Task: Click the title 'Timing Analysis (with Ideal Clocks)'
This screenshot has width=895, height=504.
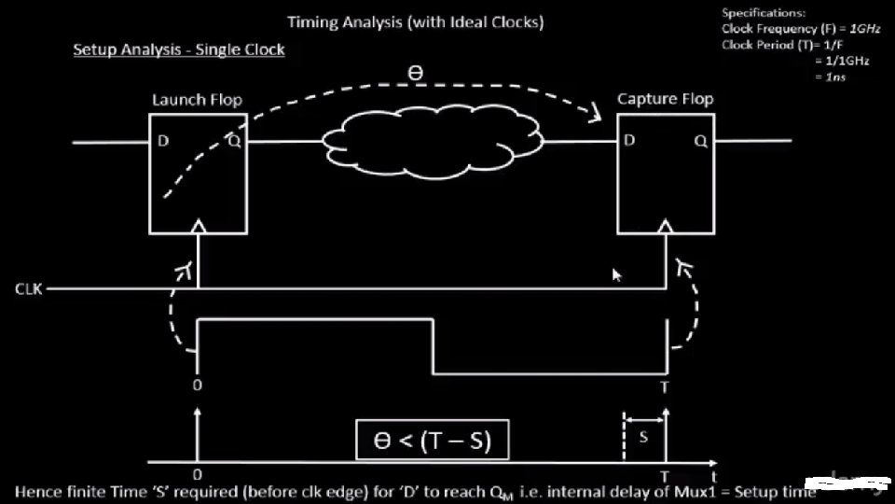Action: point(416,21)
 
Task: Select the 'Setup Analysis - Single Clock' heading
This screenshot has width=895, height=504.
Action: point(179,49)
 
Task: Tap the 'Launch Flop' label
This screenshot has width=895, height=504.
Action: point(197,100)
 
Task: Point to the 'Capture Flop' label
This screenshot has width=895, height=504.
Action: point(665,99)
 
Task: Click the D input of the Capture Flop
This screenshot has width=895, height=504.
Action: point(630,141)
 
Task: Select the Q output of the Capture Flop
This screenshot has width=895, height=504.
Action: point(700,141)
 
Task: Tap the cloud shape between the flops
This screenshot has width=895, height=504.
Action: point(432,142)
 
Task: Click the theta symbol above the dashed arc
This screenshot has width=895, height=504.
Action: point(415,72)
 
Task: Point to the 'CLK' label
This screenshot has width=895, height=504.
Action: point(28,289)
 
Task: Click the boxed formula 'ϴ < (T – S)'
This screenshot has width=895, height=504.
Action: point(433,441)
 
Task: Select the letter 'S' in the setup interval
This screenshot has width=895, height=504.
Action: point(643,436)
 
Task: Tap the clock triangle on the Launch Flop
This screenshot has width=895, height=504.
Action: point(198,226)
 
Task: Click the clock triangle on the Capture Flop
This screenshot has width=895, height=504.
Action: point(665,226)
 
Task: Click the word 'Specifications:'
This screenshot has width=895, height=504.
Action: point(763,13)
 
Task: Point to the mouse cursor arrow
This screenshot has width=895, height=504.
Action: point(616,275)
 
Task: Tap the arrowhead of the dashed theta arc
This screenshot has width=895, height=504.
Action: point(593,118)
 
